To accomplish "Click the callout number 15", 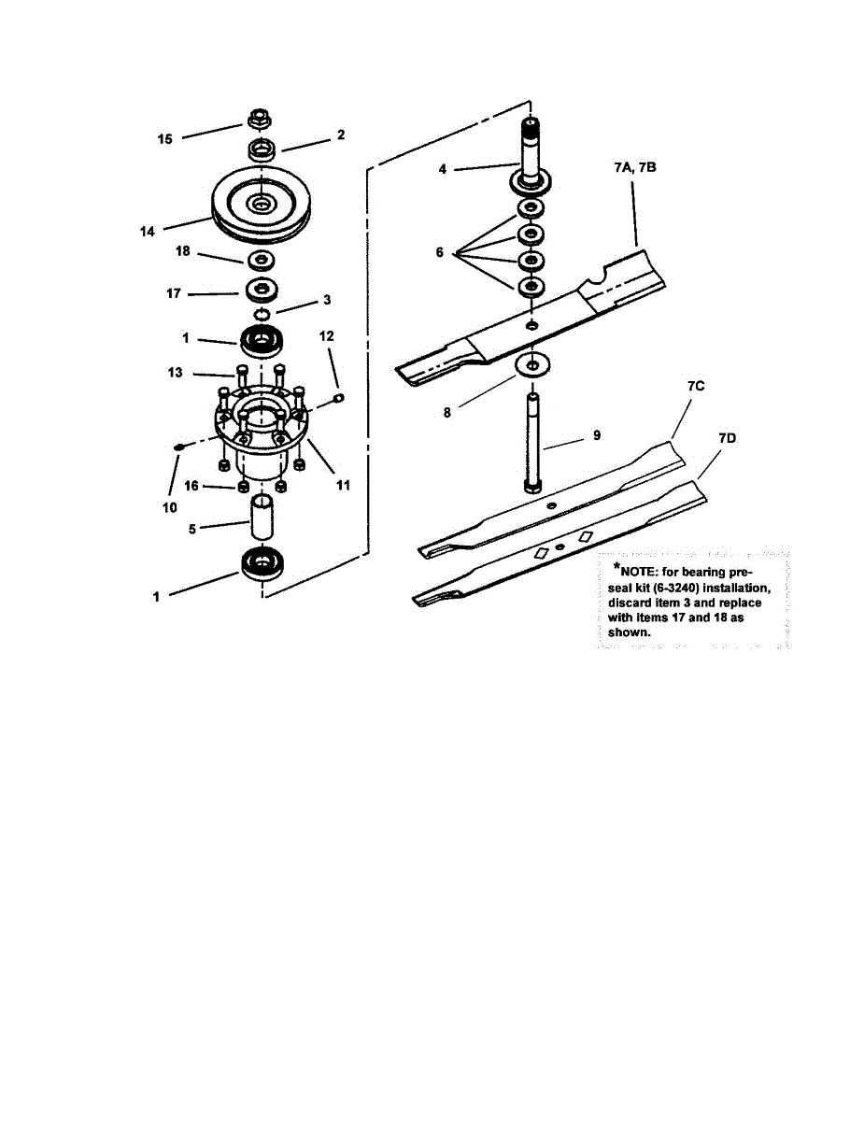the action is (x=164, y=139).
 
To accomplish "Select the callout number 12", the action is (x=327, y=334).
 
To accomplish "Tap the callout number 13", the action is (x=175, y=374).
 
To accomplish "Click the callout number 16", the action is (x=191, y=487).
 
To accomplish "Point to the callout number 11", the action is (x=343, y=485).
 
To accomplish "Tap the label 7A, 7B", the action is (x=636, y=168).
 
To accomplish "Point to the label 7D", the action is (x=727, y=437).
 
